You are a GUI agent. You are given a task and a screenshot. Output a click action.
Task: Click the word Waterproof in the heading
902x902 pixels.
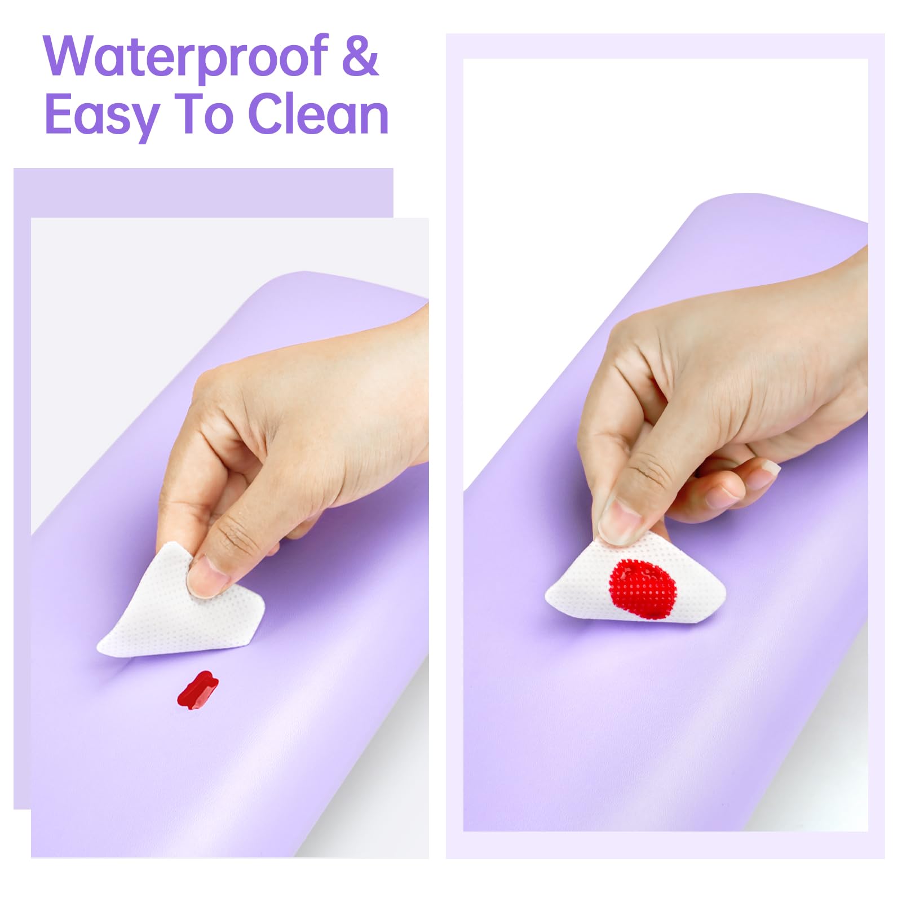[186, 56]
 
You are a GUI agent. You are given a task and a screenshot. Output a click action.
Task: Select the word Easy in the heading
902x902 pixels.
[101, 116]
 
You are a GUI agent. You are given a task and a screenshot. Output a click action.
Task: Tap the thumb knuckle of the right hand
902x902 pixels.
[648, 471]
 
